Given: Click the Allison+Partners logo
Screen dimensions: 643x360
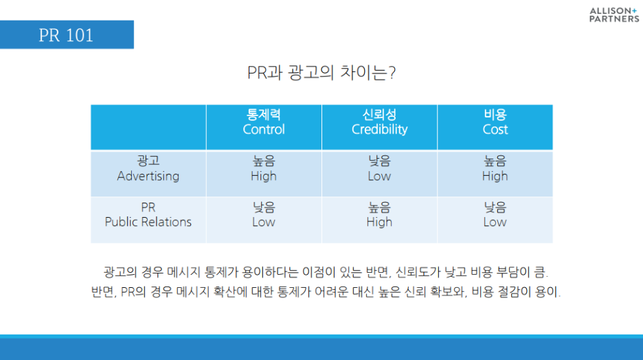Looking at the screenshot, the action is [614, 14].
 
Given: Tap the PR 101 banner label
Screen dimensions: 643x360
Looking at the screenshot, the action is [66, 35].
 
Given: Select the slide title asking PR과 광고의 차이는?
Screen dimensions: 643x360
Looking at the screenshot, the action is [321, 73].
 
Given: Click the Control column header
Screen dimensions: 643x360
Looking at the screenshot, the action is [264, 122].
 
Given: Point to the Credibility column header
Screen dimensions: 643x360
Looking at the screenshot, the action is [379, 122].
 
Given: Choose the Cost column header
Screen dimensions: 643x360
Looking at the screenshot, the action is [495, 122].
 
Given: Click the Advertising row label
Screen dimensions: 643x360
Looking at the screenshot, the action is [148, 168].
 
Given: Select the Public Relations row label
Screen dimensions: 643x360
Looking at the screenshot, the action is [148, 214].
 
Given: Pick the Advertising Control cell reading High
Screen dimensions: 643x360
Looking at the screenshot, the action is [264, 168].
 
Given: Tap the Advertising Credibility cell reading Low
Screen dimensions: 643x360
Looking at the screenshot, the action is [379, 168].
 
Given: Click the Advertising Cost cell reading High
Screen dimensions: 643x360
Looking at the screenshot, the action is [495, 168].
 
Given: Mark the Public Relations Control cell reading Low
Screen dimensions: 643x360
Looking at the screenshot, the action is [264, 214].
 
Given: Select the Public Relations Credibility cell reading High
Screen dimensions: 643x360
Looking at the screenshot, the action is [379, 214].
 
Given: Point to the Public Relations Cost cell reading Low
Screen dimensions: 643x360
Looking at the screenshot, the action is [495, 214].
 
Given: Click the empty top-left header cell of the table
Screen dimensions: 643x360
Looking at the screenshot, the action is [148, 127].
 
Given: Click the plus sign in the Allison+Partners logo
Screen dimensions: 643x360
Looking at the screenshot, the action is [634, 11].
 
